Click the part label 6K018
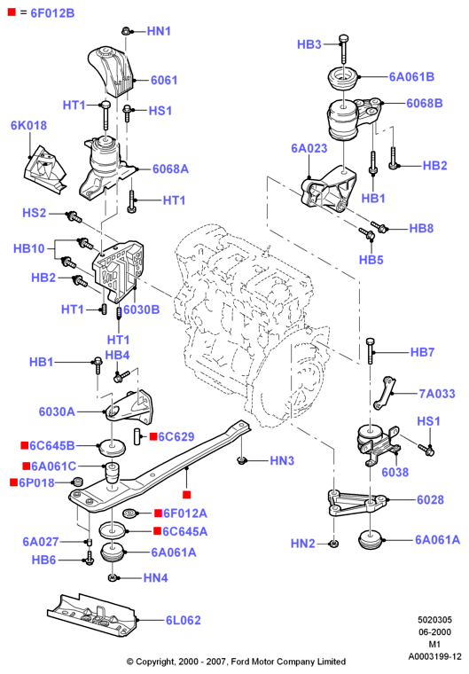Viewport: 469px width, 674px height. (x=28, y=125)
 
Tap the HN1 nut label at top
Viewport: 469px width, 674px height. (x=159, y=31)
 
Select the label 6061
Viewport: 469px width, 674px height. (x=164, y=80)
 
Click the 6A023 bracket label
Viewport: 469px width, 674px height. (x=309, y=148)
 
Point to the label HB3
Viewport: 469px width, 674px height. (x=309, y=44)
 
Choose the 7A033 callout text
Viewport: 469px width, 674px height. (x=437, y=393)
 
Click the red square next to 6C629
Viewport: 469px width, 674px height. (x=153, y=436)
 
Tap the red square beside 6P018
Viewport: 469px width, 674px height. (x=14, y=482)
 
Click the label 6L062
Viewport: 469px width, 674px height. (x=184, y=620)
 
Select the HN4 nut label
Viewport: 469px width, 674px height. (x=156, y=577)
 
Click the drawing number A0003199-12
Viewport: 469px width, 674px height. (x=434, y=657)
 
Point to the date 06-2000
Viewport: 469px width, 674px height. (x=434, y=631)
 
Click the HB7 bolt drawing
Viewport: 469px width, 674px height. (x=370, y=350)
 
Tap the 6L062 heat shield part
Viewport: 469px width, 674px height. (x=92, y=615)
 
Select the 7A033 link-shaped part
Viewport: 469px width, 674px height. (x=384, y=393)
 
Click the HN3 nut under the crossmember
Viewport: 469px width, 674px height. (x=242, y=461)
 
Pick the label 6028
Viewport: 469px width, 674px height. (x=430, y=499)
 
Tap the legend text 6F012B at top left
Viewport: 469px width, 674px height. (x=52, y=13)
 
